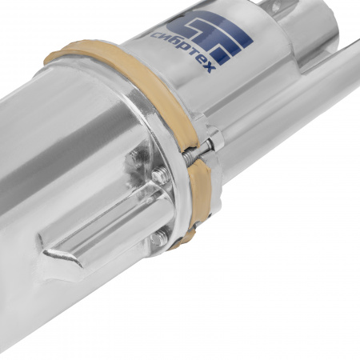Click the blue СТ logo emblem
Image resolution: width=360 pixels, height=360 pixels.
[x=210, y=34]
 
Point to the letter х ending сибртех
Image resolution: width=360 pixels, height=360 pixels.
[x=210, y=68]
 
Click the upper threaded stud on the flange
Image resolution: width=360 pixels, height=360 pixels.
[x=161, y=175]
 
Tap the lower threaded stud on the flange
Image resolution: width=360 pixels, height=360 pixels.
[x=159, y=239]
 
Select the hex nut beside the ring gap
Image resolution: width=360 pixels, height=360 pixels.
[x=217, y=138]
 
